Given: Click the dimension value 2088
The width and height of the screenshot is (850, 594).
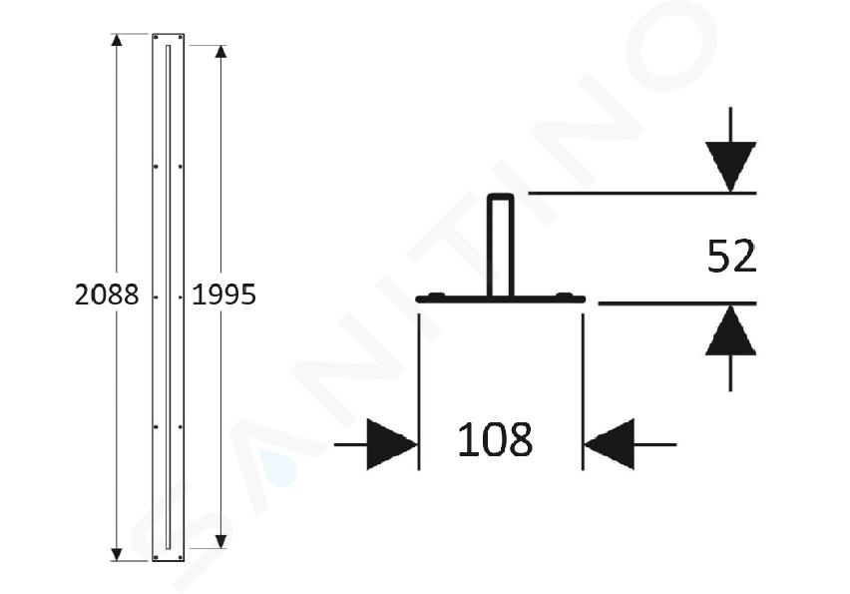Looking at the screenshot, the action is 107,296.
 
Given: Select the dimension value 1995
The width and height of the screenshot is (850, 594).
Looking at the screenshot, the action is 223,296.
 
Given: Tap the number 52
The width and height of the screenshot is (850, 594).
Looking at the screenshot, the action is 731,257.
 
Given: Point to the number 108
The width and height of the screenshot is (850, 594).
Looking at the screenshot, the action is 495,439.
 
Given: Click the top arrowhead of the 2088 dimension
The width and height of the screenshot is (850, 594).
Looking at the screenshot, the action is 117,40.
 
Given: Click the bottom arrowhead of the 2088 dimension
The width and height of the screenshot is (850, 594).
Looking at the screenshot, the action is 117,554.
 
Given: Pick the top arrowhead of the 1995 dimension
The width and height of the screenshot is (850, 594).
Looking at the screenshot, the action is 220,52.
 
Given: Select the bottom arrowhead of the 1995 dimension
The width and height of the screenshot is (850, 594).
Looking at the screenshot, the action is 220,541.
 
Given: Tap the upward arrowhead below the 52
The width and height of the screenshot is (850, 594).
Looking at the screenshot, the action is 730,330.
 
